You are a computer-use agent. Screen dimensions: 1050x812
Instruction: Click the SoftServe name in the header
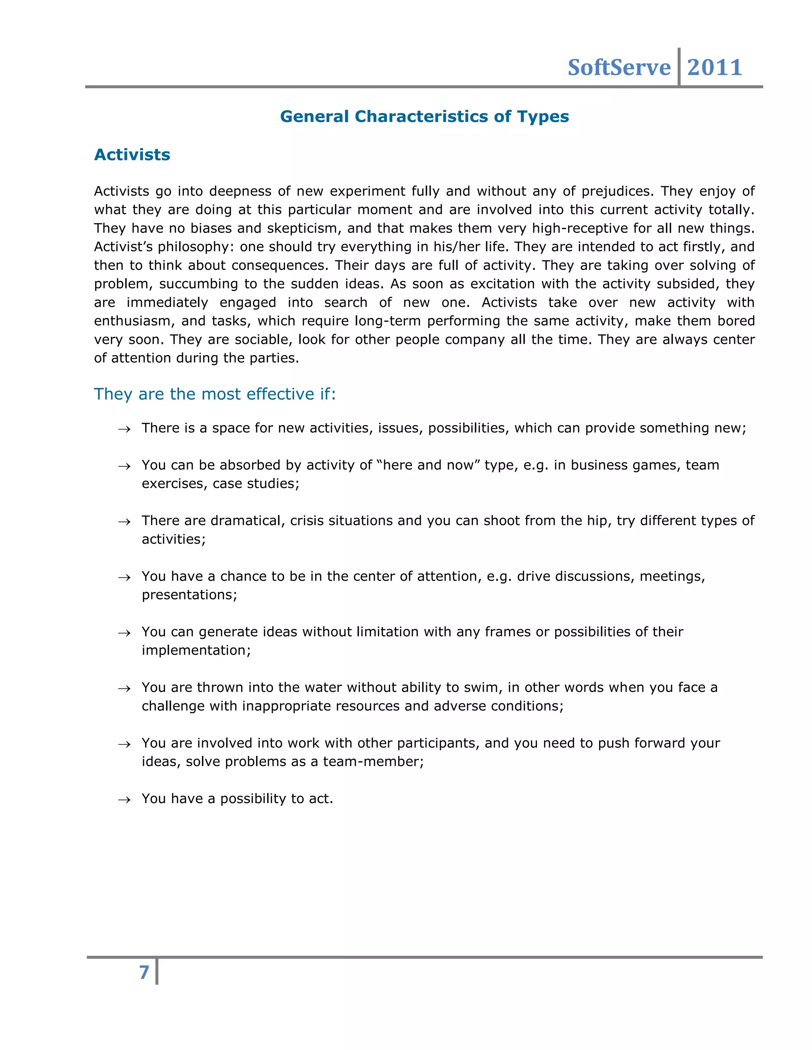[x=619, y=67]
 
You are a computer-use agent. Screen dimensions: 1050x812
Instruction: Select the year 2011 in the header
[x=714, y=67]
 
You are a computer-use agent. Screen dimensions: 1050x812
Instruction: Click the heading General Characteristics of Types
[x=424, y=116]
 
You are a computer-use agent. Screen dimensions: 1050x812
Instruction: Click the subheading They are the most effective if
[x=214, y=394]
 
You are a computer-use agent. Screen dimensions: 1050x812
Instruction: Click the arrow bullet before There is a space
[x=124, y=430]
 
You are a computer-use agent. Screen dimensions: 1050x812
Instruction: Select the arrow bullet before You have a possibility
[x=124, y=800]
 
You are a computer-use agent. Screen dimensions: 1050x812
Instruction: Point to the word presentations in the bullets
[x=189, y=595]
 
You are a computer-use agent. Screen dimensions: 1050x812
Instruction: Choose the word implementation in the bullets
[x=196, y=651]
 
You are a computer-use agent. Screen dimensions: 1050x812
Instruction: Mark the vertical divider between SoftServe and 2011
[x=679, y=67]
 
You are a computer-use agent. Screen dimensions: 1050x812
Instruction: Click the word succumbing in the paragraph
[x=198, y=284]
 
